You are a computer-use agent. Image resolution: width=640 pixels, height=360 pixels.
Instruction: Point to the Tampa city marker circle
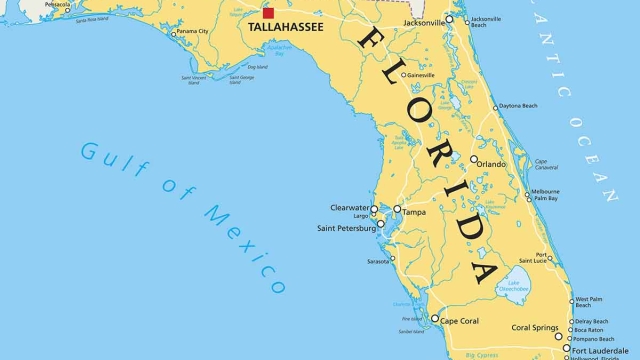coord(397,210)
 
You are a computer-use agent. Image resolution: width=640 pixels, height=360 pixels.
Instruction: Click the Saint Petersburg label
coord(346,228)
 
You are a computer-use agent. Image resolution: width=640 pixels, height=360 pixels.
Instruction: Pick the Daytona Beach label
coord(518,106)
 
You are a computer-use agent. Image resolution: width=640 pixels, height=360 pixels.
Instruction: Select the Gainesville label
coord(420,75)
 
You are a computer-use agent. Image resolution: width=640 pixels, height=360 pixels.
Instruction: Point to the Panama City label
coord(194,32)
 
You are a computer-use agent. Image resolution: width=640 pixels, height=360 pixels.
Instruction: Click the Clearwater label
coord(349,208)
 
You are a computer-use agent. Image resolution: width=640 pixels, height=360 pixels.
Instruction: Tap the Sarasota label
coord(378,261)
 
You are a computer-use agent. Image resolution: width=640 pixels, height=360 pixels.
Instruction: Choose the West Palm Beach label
coord(589,302)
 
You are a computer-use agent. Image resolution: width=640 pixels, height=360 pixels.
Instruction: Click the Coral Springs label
coord(535,328)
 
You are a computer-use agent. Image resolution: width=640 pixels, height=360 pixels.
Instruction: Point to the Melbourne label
coord(545,191)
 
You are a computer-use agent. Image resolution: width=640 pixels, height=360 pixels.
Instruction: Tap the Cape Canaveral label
coord(544,165)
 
